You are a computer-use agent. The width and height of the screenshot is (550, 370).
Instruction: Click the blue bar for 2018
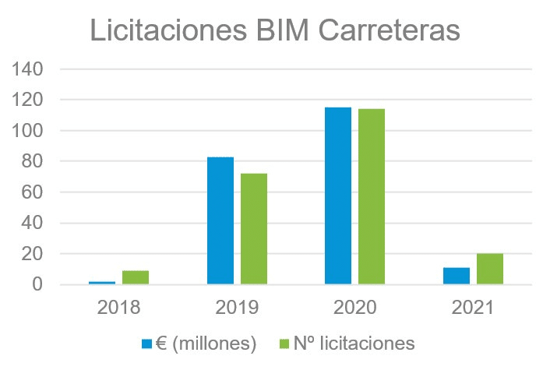[x=103, y=282]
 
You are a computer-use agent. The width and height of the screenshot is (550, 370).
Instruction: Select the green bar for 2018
[x=136, y=277]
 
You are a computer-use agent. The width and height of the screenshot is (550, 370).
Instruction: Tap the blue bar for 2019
[x=220, y=221]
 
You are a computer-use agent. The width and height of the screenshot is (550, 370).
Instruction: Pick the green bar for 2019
[x=254, y=229]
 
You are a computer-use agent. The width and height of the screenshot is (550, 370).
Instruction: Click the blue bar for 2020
[x=338, y=196]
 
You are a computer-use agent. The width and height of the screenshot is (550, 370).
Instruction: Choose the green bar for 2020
[x=372, y=197]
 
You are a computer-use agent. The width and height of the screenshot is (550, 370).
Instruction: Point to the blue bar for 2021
[x=457, y=277]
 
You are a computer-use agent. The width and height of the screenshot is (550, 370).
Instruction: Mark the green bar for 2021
[x=490, y=270]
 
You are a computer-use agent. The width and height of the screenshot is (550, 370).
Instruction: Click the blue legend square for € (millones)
[x=146, y=343]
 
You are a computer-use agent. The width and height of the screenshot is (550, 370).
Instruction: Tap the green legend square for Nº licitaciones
[x=282, y=343]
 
